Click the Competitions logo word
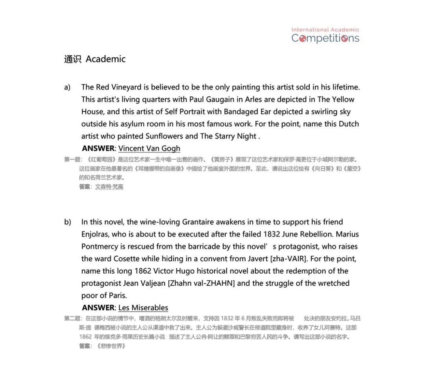click(x=325, y=38)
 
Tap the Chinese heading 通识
click(x=72, y=59)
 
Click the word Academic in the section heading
click(x=105, y=59)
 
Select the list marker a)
click(x=67, y=87)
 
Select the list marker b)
click(x=68, y=222)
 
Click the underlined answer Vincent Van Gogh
click(x=149, y=148)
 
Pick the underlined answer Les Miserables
click(x=143, y=308)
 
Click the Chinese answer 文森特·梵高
click(x=109, y=187)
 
